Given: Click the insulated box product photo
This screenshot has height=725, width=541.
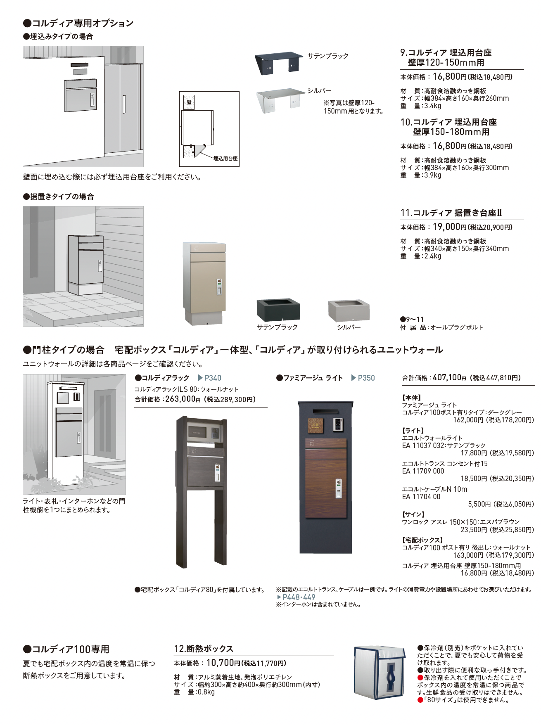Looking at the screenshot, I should point(380,673).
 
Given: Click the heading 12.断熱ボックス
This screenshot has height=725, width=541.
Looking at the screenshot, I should point(203,649).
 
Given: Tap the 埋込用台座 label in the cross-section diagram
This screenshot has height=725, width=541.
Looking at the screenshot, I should point(225,159).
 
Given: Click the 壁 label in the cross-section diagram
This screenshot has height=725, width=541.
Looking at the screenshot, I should point(189,102).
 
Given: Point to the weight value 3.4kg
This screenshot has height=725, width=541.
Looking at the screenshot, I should point(432,106).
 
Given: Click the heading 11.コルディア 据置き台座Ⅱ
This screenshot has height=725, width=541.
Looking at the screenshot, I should point(451,213).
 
